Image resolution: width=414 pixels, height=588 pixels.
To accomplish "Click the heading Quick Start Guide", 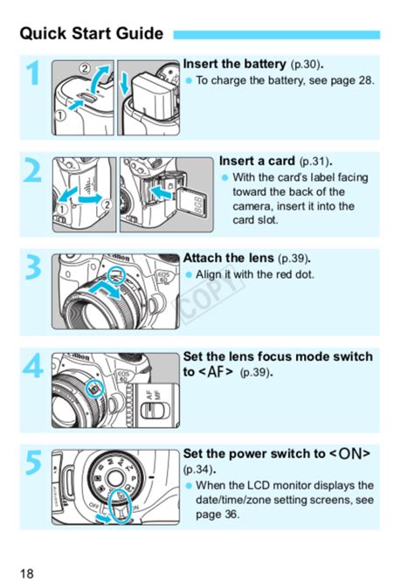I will [x=91, y=34].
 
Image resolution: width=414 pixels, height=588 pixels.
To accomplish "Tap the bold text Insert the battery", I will [x=234, y=65].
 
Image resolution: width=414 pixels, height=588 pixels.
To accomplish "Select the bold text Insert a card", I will [x=258, y=162].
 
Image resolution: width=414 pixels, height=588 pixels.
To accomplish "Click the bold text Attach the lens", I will [x=228, y=259].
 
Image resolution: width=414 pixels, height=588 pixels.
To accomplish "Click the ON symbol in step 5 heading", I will [x=352, y=454].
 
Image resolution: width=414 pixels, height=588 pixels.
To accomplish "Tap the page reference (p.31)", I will [x=316, y=163].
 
